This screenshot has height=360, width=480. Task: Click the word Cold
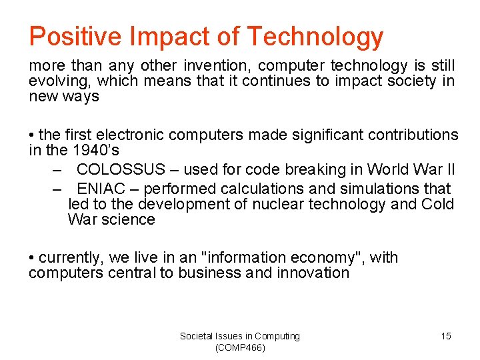point(438,204)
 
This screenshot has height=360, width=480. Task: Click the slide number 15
point(446,336)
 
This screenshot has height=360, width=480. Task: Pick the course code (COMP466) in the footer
point(240,348)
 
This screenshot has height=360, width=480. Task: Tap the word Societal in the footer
point(197,336)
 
